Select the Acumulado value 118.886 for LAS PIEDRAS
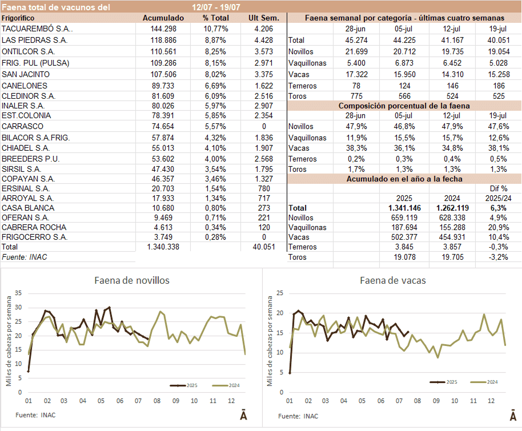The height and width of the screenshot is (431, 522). tap(163, 40)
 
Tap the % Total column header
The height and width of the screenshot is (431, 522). tap(215, 18)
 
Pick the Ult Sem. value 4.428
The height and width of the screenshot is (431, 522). tap(263, 40)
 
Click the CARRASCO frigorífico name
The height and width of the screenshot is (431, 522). tap(22, 126)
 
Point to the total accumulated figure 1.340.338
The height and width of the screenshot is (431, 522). tap(163, 247)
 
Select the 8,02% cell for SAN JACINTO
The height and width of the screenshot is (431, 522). tap(216, 74)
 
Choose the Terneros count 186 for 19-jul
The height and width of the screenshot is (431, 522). tap(498, 86)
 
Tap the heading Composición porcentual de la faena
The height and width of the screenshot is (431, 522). tap(404, 106)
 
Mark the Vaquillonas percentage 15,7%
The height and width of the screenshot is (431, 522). tap(455, 138)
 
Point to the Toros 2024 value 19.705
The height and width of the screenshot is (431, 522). tap(455, 257)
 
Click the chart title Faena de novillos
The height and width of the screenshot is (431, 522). tap(131, 280)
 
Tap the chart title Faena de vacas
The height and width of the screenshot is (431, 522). tap(393, 280)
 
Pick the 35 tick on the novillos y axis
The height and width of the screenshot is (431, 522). tap(18, 293)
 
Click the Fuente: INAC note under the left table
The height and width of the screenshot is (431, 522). tap(25, 257)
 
